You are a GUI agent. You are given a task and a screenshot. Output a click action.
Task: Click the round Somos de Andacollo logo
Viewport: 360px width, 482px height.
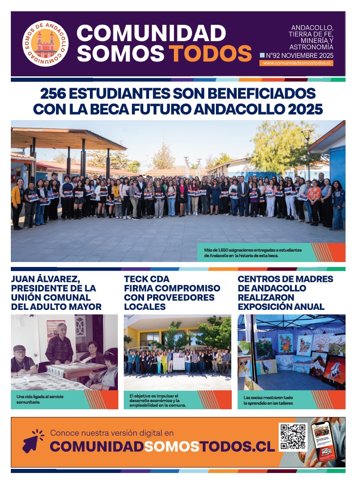click(46, 43)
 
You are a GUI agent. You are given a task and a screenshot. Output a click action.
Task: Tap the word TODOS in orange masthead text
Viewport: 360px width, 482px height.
click(210, 54)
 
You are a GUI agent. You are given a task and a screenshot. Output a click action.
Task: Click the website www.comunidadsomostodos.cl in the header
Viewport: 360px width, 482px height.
click(296, 63)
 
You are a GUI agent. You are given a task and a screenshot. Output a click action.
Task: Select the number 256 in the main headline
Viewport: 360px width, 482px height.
click(55, 94)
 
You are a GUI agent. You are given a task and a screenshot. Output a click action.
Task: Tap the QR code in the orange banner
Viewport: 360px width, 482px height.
click(293, 437)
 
